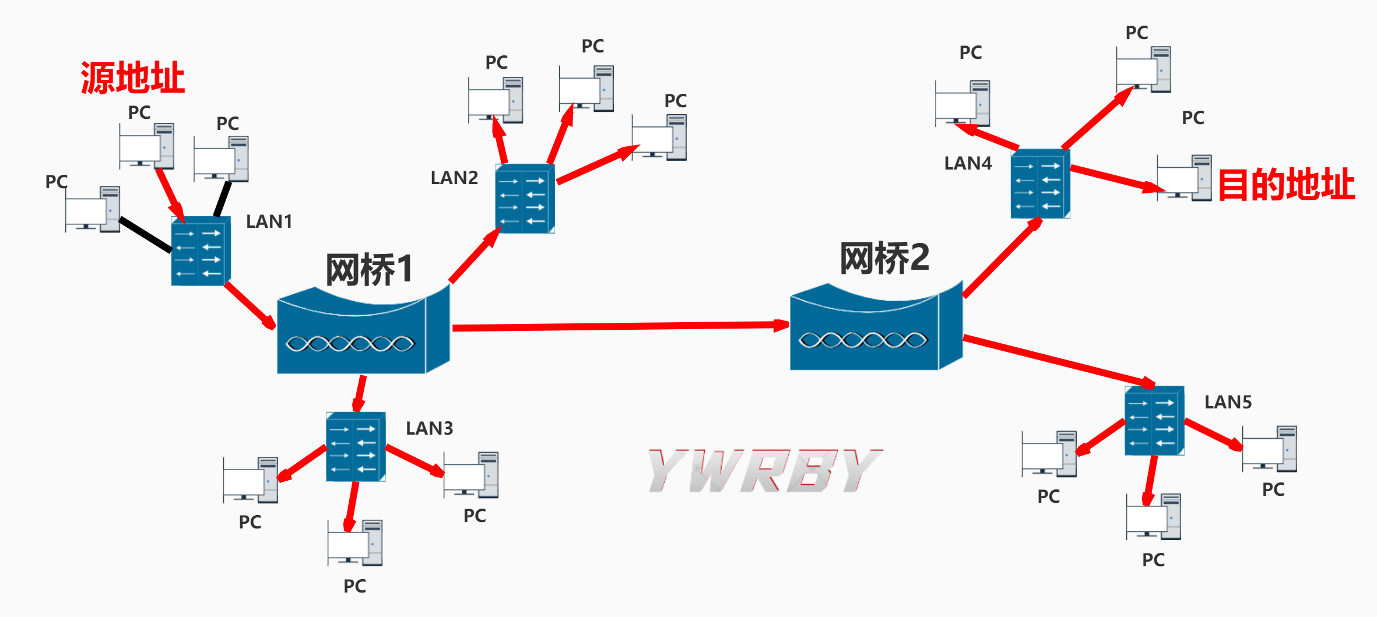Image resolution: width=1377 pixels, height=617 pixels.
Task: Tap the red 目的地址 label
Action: [1286, 185]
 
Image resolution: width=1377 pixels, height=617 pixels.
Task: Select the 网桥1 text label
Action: [370, 270]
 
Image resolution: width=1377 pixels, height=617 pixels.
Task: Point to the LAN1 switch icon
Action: [201, 251]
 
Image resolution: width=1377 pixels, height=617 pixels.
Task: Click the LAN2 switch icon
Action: [525, 199]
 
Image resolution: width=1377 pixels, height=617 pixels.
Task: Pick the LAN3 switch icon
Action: [356, 447]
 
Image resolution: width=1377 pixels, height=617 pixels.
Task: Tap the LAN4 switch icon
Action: [1040, 184]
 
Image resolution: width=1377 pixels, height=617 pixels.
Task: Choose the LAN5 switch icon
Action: [1154, 420]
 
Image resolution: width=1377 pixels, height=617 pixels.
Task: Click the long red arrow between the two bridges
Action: [618, 326]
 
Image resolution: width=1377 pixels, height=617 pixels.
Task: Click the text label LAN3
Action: [429, 428]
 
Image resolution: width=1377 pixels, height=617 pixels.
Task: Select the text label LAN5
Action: [1228, 402]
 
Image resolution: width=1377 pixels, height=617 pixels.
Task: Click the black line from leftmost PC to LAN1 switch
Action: [145, 235]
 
